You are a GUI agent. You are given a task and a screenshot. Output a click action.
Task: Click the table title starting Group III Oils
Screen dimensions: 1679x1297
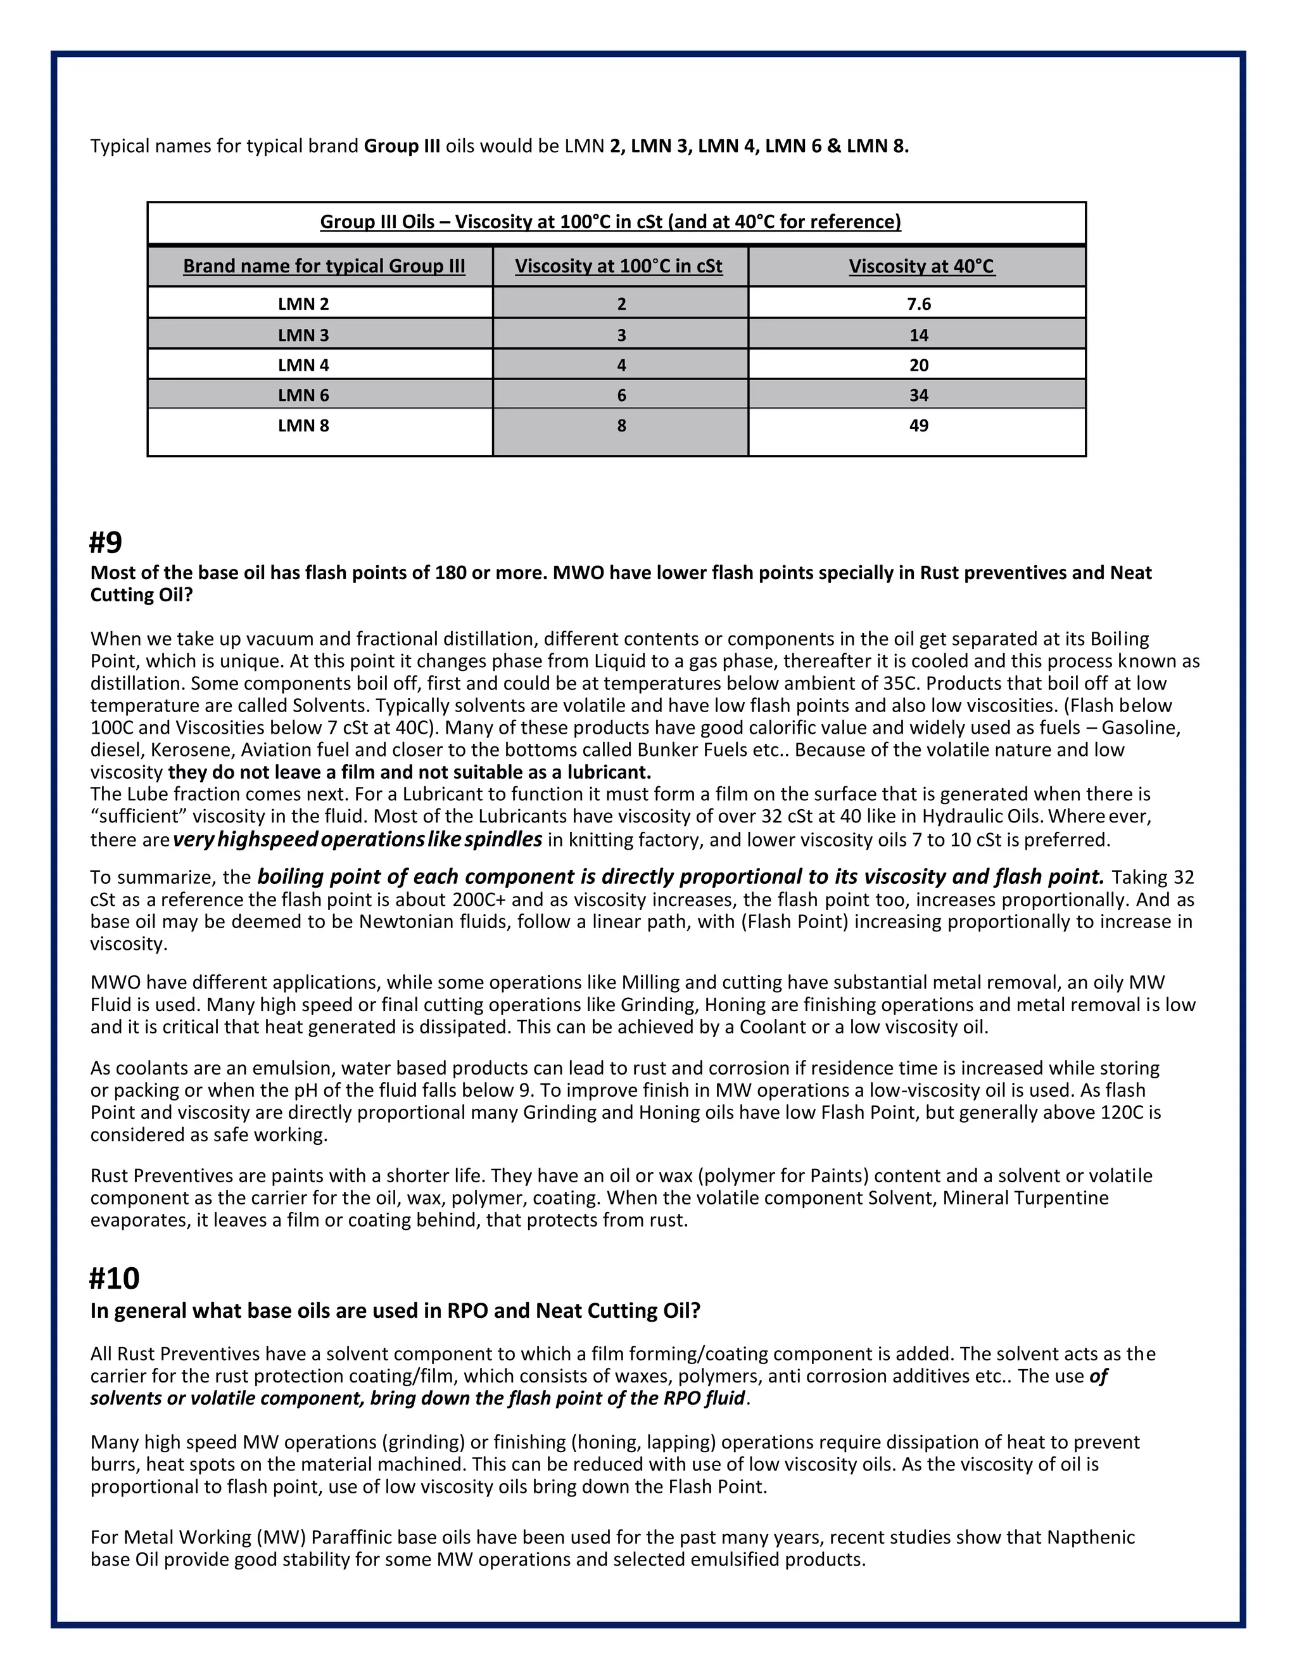click(x=610, y=222)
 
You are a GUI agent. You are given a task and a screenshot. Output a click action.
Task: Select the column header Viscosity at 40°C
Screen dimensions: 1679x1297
click(x=921, y=267)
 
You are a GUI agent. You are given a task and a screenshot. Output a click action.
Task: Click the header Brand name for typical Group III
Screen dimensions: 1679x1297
click(x=324, y=267)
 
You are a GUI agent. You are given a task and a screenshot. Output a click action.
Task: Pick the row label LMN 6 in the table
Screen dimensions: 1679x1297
click(x=303, y=395)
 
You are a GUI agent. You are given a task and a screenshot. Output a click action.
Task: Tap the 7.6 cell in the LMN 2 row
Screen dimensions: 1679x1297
click(x=919, y=303)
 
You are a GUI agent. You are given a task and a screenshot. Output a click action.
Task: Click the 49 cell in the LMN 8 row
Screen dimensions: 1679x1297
click(x=919, y=426)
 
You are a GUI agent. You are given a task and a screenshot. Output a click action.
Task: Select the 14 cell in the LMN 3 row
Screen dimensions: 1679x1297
click(x=919, y=335)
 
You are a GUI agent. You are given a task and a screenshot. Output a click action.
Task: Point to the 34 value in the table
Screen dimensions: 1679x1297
click(x=919, y=395)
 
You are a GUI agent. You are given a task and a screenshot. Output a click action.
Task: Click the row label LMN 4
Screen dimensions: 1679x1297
click(x=303, y=365)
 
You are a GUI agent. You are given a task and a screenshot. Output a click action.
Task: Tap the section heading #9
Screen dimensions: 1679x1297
click(x=106, y=543)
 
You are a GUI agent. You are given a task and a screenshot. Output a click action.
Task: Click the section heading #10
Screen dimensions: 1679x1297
click(x=115, y=1279)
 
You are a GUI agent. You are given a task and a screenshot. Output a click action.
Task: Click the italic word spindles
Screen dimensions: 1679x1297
click(x=503, y=839)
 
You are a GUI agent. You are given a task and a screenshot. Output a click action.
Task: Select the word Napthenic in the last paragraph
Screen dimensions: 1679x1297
click(x=1091, y=1538)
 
